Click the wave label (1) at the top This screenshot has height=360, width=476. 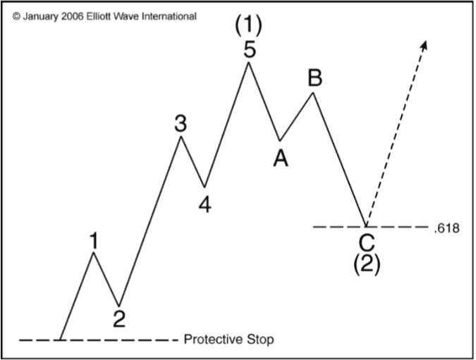[248, 24]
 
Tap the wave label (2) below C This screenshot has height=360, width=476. [367, 264]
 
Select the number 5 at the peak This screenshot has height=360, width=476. [250, 50]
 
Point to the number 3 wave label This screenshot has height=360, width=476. [181, 123]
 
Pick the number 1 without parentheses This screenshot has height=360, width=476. [94, 240]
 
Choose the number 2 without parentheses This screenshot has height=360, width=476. [119, 318]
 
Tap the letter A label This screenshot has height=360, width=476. [281, 159]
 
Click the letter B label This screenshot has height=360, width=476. [315, 77]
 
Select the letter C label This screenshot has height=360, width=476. [367, 243]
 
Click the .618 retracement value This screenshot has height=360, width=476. [446, 228]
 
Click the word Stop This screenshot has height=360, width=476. [260, 340]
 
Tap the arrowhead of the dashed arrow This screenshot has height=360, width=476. [425, 44]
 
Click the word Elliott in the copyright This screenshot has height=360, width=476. [99, 16]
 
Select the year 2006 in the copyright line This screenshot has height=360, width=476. [72, 16]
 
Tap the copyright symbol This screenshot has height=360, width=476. [17, 17]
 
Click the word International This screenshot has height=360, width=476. [169, 16]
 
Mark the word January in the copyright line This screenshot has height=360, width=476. [40, 17]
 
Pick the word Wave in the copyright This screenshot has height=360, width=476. [126, 16]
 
